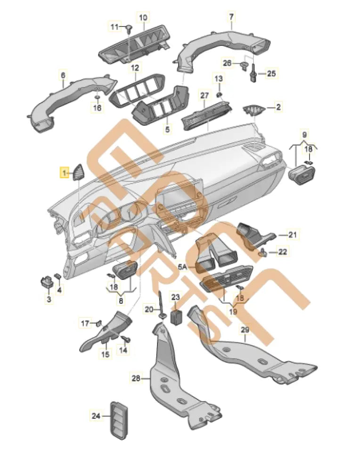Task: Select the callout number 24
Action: [96, 415]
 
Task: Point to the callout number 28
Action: [135, 377]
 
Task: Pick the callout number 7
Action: [231, 17]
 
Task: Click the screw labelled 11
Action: [128, 28]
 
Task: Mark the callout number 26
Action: [227, 63]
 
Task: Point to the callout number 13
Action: [219, 78]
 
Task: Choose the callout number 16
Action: [97, 108]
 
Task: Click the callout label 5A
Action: [183, 266]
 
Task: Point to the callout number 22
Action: [282, 252]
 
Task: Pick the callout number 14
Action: [123, 350]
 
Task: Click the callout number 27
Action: [204, 95]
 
